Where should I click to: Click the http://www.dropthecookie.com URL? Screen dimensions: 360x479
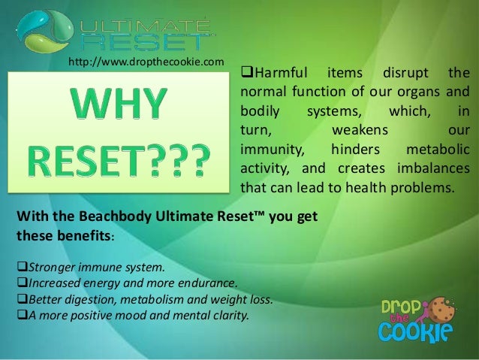(146, 61)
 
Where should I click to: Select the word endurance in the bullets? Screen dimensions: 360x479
(209, 283)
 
